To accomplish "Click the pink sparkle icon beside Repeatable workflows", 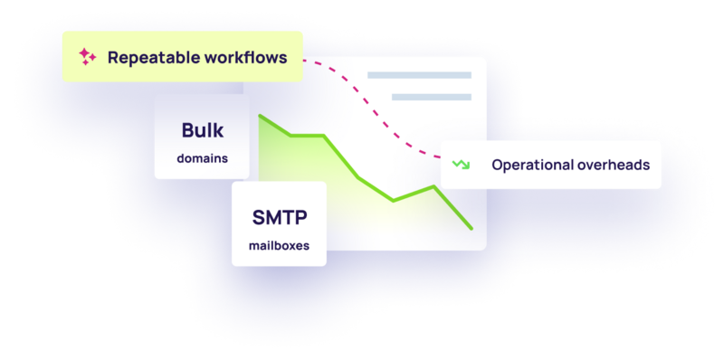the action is point(87,57).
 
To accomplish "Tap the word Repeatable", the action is point(150,57).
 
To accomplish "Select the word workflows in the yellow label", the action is point(243,57).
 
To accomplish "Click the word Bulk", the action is point(202,130).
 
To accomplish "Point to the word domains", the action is point(202,158).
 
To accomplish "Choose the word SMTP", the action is point(279,218).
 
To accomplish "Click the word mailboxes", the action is point(279,245).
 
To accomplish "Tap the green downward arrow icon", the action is point(462,165).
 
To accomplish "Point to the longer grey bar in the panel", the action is point(419,75).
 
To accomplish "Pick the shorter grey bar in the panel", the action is point(432,97).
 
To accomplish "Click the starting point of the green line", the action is point(260,116).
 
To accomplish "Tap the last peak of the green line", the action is point(434,186).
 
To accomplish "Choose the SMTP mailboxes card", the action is point(279,224).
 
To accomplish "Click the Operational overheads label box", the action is point(551,165).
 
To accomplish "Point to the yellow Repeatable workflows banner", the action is point(182,57).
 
